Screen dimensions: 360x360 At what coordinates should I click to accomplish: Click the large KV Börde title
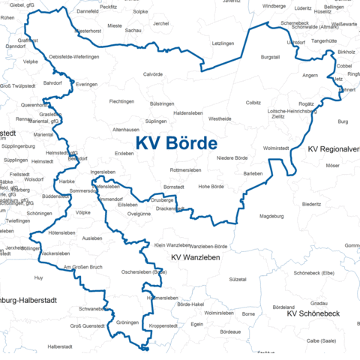176,143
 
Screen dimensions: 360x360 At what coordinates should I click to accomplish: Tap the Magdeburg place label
271,217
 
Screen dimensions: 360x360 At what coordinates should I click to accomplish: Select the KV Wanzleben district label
195,258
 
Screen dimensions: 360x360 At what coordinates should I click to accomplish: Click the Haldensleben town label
189,112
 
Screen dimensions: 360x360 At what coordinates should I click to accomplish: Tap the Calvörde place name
153,74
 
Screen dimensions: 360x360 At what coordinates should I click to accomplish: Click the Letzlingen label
223,44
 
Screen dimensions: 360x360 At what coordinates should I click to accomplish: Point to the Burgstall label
269,57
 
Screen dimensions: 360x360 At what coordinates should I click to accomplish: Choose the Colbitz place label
253,102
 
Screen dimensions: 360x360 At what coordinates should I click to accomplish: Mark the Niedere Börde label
232,158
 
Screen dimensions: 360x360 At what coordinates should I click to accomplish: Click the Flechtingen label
121,101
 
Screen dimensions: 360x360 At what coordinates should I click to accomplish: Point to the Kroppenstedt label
163,326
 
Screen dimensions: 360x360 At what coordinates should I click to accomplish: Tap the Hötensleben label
62,233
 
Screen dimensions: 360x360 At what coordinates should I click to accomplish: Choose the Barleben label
253,173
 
